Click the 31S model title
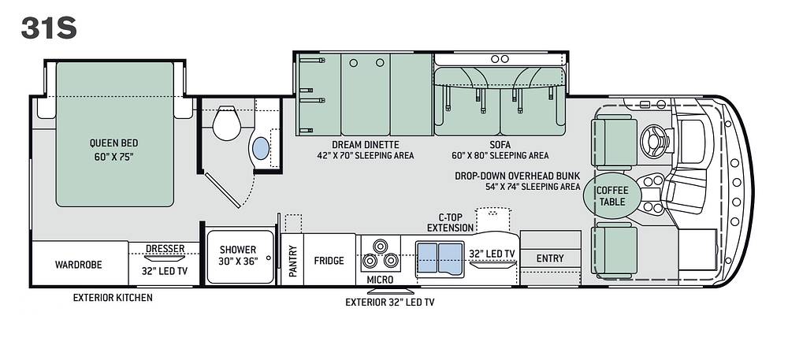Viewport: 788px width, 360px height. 49,28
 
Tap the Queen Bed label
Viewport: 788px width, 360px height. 114,143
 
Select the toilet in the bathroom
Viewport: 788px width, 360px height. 227,124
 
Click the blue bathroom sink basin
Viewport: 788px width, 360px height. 260,149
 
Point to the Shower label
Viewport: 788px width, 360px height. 238,250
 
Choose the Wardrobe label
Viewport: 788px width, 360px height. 78,265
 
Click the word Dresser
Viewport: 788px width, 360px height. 165,249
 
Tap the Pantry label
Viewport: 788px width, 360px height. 293,261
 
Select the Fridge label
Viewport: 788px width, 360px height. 329,261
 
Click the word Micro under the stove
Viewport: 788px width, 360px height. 380,280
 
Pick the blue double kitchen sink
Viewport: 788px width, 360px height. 440,258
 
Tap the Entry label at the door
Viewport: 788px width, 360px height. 550,258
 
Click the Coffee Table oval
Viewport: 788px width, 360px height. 612,196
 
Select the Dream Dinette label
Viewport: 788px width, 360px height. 366,145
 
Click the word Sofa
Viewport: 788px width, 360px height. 500,145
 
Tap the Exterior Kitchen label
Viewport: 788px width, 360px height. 113,297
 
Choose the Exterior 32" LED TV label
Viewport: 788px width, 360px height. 389,302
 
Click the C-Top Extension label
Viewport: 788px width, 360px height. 450,222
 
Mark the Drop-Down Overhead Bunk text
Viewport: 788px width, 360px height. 517,176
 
